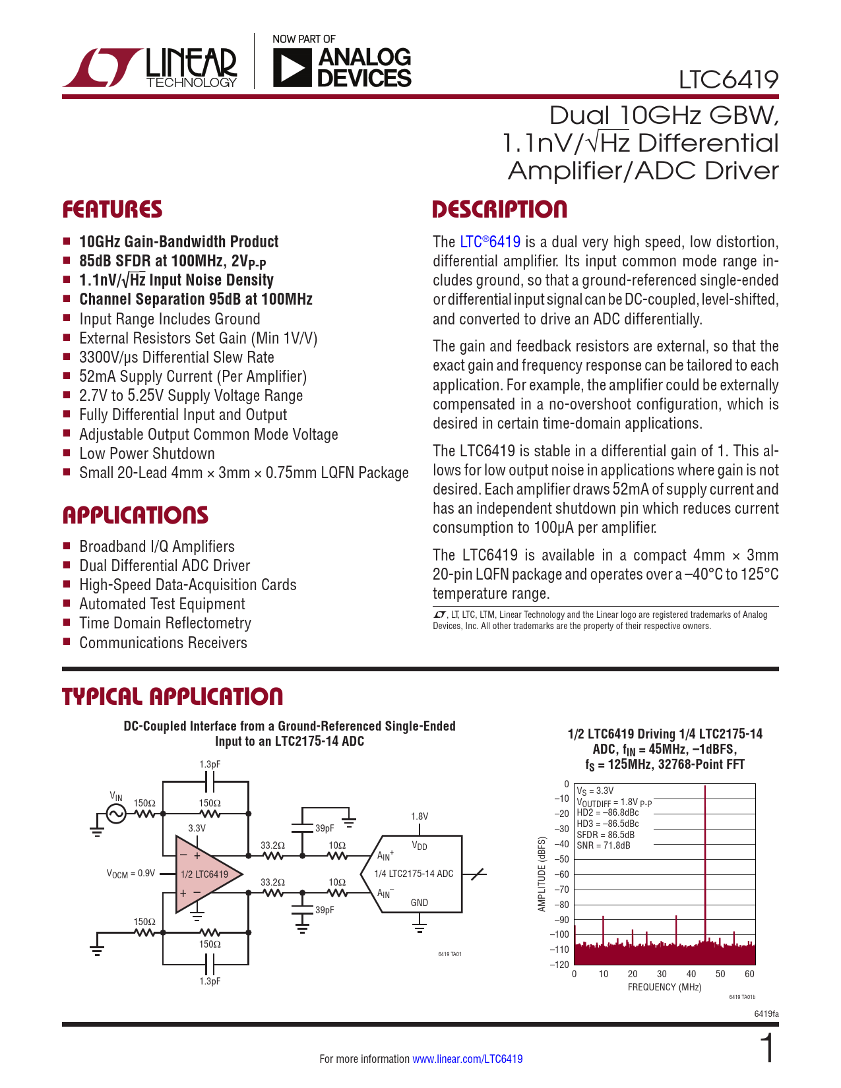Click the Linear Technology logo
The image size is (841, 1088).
150,67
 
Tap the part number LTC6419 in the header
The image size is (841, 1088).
728,80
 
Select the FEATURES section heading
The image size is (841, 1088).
112,210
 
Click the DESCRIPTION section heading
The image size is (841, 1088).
499,210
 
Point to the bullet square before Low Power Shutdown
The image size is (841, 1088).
67,453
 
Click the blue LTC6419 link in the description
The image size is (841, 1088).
490,242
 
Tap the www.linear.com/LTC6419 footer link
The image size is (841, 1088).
467,1059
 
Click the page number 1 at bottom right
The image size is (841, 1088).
767,1048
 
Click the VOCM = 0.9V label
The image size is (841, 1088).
131,874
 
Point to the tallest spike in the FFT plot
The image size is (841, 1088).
705,857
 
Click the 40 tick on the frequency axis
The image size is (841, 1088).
691,974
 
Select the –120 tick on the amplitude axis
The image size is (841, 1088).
560,964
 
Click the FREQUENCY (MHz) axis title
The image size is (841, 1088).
664,987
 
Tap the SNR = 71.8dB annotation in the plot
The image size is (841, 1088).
603,845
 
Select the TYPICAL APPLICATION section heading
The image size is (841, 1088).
172,697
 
